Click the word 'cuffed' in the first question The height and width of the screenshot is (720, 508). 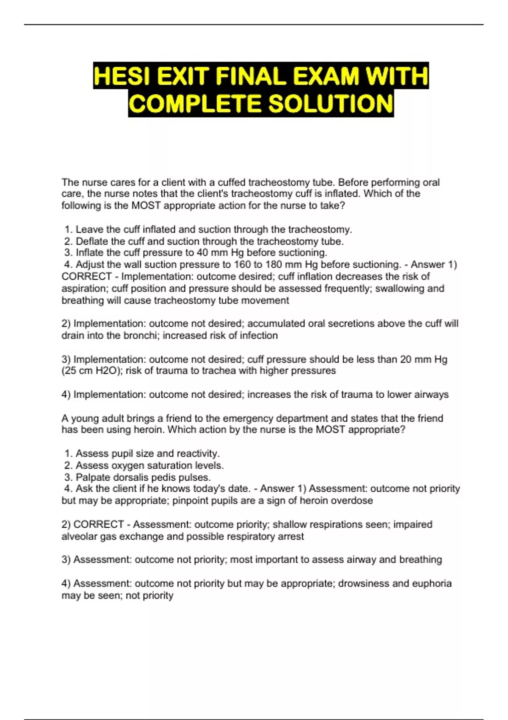(x=232, y=183)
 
